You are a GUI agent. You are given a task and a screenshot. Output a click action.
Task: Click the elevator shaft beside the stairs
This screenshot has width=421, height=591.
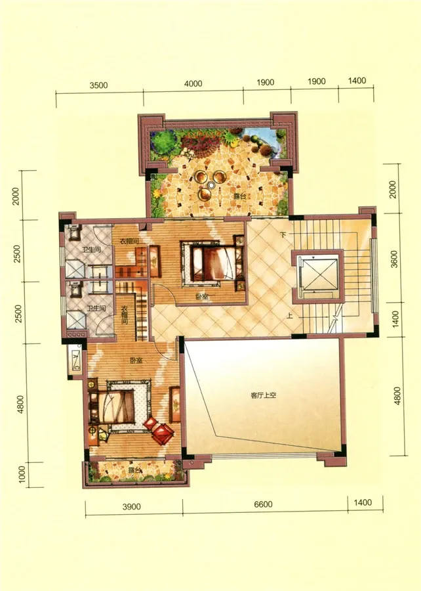[318, 276]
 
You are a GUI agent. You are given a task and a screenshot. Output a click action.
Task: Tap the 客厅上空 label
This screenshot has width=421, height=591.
[264, 395]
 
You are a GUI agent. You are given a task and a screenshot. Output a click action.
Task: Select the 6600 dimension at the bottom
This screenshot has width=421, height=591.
[263, 504]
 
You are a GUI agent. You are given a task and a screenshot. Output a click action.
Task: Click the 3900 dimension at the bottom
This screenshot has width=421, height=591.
[132, 506]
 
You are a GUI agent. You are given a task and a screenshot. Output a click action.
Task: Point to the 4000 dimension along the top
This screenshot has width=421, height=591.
[193, 83]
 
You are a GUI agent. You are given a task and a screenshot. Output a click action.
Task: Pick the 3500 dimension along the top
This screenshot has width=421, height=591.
[98, 85]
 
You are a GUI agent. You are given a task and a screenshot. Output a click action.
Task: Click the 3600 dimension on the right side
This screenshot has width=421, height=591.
[393, 259]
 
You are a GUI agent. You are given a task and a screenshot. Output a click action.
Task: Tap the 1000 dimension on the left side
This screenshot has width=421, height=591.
[22, 474]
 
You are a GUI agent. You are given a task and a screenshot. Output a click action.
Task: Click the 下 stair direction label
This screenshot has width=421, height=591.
[283, 235]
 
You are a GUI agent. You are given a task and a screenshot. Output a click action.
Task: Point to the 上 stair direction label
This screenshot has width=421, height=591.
[289, 316]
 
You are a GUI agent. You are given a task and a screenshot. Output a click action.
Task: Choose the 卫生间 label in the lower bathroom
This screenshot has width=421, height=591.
[96, 309]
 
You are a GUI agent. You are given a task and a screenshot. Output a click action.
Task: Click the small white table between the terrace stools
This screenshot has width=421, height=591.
[211, 185]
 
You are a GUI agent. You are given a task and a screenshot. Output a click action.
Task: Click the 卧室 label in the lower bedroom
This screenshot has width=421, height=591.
[136, 361]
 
